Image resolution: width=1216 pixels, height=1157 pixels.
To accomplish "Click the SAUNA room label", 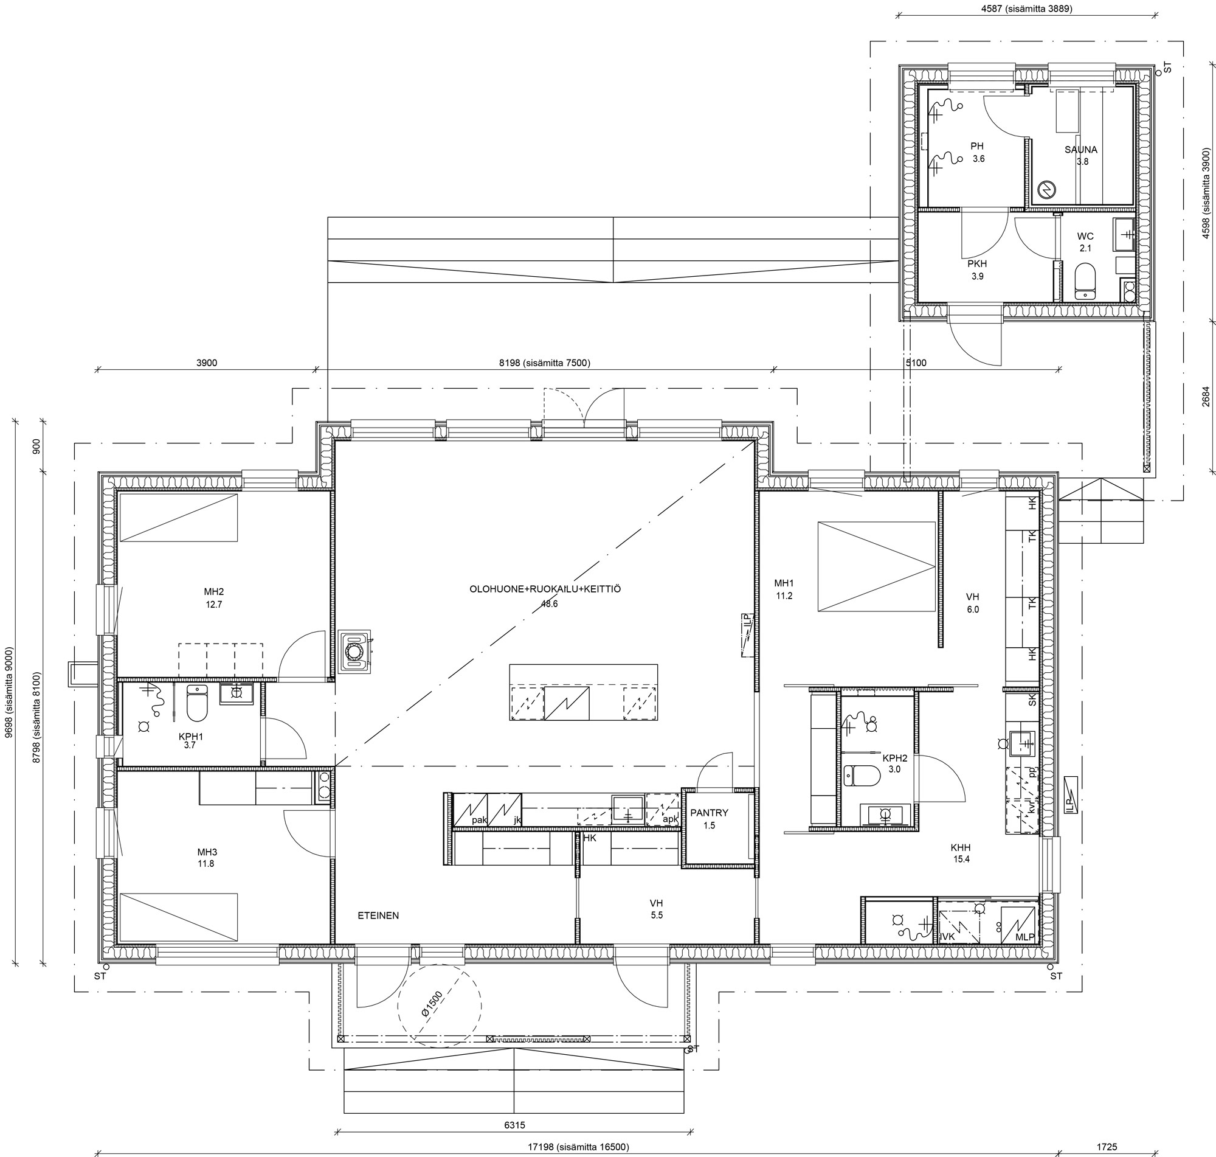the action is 1080,149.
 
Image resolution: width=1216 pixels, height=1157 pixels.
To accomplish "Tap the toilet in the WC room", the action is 1084,282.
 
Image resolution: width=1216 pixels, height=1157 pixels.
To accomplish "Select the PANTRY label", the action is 709,813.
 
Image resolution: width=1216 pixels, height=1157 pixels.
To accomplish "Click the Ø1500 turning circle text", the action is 432,1004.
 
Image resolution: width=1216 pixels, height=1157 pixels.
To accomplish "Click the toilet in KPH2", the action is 862,776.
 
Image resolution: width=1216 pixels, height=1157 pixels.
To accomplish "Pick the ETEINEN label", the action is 378,916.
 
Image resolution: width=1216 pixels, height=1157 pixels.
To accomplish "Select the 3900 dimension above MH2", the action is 207,363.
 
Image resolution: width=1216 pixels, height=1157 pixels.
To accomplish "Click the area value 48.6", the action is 549,604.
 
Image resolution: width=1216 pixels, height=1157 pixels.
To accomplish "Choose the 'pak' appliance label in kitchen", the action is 479,820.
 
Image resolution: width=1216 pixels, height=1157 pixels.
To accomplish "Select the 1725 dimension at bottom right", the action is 1107,1147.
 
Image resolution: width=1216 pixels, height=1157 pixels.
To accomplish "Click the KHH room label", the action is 961,847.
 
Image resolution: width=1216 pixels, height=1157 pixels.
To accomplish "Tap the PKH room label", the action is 977,263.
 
